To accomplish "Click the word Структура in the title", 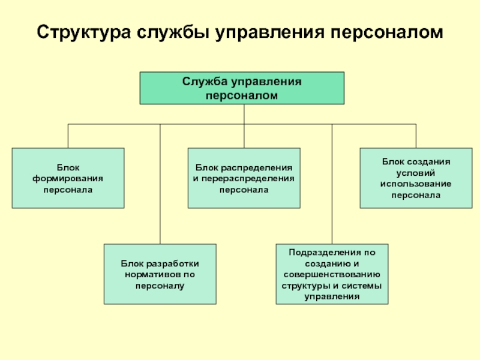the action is click(x=83, y=32).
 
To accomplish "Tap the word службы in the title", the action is click(x=173, y=32).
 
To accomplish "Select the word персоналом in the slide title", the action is click(x=387, y=32).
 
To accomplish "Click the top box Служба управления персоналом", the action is click(x=242, y=88).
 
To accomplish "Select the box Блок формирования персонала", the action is click(x=68, y=178).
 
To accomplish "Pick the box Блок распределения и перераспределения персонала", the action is click(x=244, y=178).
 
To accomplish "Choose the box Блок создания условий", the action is click(x=416, y=178).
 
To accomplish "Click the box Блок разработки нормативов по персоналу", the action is click(x=160, y=274).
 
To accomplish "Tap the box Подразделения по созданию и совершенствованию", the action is click(x=332, y=274).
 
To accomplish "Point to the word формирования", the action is click(x=68, y=179).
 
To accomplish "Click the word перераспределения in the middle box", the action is click(x=248, y=179).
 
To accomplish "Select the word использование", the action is click(x=416, y=184).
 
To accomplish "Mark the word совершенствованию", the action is click(x=332, y=275).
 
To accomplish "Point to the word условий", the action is click(x=416, y=173).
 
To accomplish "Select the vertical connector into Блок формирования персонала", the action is click(x=68, y=136).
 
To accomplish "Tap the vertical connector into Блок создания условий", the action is click(x=416, y=136).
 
